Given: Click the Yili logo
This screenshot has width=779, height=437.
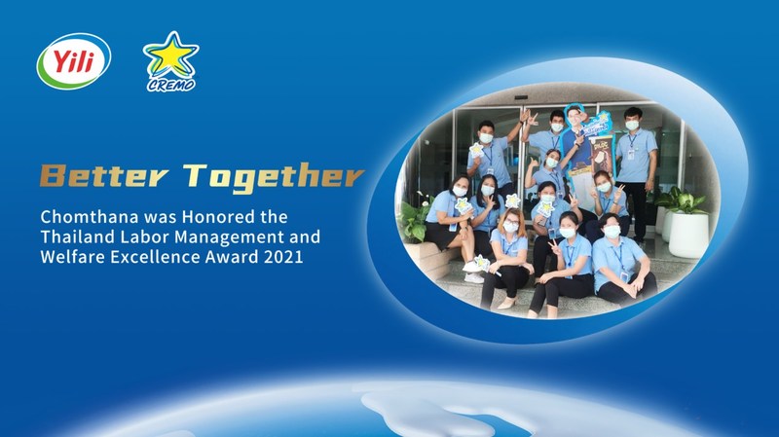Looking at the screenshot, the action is pos(74,61).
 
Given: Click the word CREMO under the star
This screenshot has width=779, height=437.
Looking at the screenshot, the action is pos(171,85).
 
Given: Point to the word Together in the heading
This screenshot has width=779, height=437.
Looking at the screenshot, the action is pos(274,177).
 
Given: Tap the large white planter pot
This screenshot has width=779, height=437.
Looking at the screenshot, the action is pos(688,235).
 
